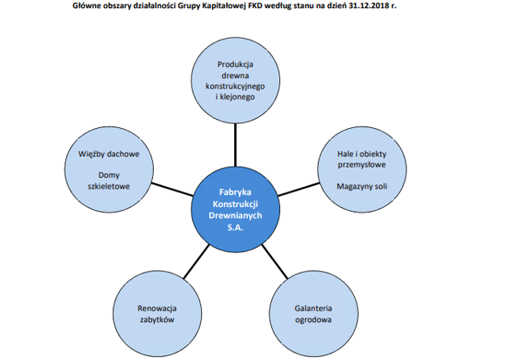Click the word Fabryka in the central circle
(x=235, y=192)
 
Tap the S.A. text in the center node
(x=235, y=228)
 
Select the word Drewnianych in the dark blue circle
(x=235, y=216)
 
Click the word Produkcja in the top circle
(x=235, y=64)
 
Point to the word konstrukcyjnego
(x=235, y=86)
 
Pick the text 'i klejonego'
(x=235, y=97)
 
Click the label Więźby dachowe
(x=109, y=155)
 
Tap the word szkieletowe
(x=109, y=187)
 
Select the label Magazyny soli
(x=362, y=187)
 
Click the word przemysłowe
(x=362, y=165)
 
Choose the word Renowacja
(x=157, y=308)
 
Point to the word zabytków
(x=157, y=320)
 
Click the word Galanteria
(x=313, y=308)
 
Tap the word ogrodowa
(x=313, y=320)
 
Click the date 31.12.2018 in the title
(x=368, y=6)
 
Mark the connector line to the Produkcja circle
(x=235, y=145)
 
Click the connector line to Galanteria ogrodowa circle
(x=274, y=261)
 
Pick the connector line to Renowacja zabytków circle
(x=196, y=261)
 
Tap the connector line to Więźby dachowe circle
(x=172, y=188)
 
